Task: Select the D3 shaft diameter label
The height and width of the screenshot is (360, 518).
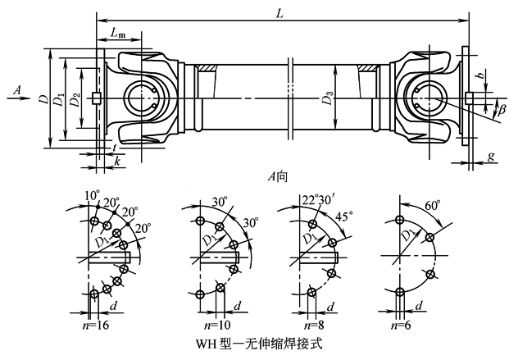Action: [x=328, y=100]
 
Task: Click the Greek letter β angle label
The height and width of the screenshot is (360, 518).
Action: [x=500, y=108]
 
